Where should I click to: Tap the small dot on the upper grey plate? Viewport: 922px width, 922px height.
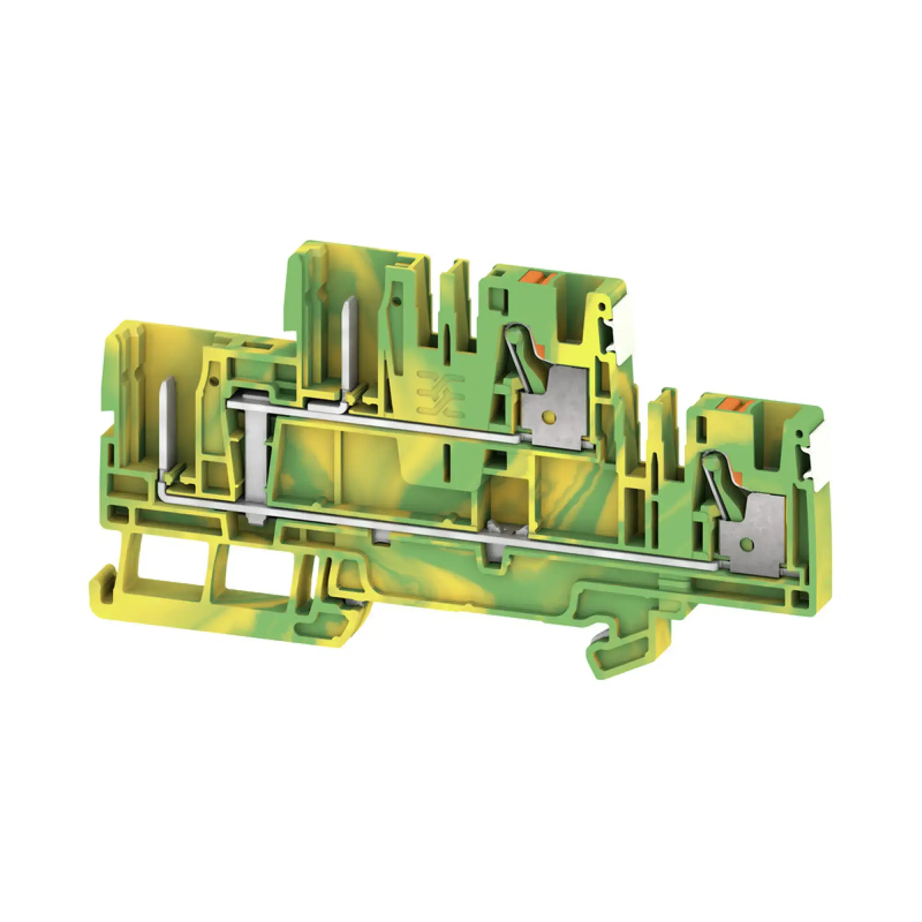[550, 418]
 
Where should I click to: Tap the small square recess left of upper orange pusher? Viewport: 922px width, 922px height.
[499, 275]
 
